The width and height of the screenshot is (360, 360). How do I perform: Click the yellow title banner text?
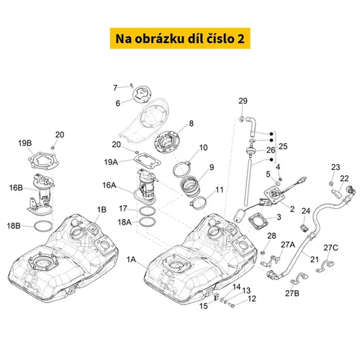tap(180, 39)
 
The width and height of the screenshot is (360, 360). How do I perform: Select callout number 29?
tap(243, 101)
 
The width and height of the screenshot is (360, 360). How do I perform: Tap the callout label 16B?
tap(16, 188)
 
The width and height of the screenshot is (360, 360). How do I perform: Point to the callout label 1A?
tap(131, 259)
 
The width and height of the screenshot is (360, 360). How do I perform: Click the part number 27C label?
tap(330, 248)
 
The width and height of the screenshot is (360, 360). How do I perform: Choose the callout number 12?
tap(252, 299)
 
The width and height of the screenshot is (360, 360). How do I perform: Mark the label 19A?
tap(111, 162)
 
